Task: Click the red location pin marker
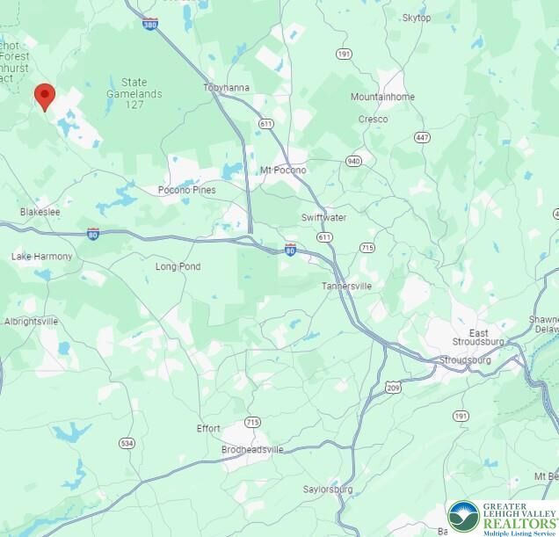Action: (x=44, y=95)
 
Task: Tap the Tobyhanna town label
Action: (x=227, y=88)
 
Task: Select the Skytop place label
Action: (x=416, y=18)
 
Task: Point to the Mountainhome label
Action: (x=382, y=97)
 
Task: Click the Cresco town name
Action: (x=373, y=119)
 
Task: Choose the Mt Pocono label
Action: (x=283, y=170)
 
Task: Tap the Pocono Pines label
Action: (x=186, y=190)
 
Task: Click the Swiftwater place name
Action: (x=323, y=217)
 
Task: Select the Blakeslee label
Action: (x=40, y=212)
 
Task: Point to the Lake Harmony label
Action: (x=42, y=257)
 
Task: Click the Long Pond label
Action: (x=178, y=266)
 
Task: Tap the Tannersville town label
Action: (x=346, y=286)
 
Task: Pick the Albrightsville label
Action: (x=31, y=322)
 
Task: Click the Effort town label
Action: (x=208, y=429)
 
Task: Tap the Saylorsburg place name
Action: (x=328, y=489)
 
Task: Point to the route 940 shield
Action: (x=354, y=161)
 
